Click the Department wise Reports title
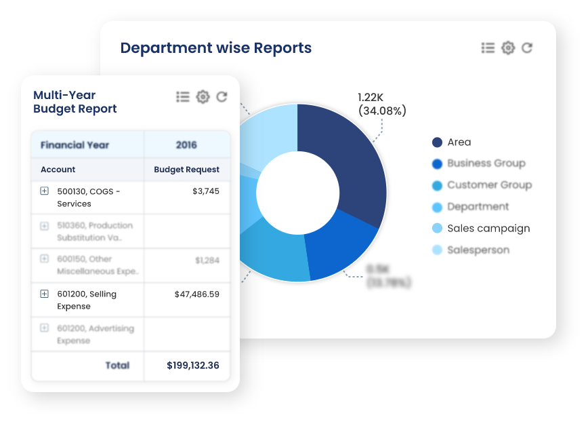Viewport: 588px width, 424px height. tap(216, 48)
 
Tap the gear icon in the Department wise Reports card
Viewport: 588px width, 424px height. tap(508, 47)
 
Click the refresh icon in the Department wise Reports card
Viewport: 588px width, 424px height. tap(527, 47)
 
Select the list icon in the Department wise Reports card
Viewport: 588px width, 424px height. tap(488, 47)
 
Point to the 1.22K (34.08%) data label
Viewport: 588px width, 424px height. tap(381, 104)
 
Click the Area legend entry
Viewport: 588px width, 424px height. tap(459, 142)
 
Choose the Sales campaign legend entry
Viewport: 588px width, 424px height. tap(488, 229)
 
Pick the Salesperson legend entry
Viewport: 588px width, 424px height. tap(478, 250)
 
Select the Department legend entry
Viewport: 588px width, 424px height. tap(478, 207)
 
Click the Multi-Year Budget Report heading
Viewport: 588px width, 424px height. tap(75, 102)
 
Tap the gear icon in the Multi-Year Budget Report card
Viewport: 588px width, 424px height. tap(203, 97)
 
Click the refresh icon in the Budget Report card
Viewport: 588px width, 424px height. tap(222, 97)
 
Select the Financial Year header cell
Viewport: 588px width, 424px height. tap(75, 145)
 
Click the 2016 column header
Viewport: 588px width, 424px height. tap(186, 145)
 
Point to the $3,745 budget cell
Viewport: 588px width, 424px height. tap(206, 191)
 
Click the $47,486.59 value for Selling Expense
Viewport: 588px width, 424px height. tap(196, 294)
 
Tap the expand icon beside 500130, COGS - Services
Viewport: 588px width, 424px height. tap(45, 191)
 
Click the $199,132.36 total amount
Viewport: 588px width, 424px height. tap(193, 366)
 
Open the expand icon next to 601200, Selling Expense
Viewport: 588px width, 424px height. tap(45, 294)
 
